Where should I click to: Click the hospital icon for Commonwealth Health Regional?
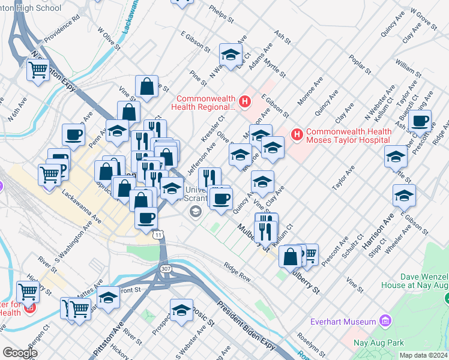click(244, 103)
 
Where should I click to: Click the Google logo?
click(20, 353)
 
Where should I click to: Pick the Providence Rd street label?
click(62, 28)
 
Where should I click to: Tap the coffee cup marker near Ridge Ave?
click(420, 122)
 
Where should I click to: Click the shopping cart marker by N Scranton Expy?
click(38, 70)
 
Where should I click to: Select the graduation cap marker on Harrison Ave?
click(404, 196)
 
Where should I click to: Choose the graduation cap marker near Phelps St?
click(230, 55)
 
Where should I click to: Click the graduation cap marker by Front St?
click(109, 298)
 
